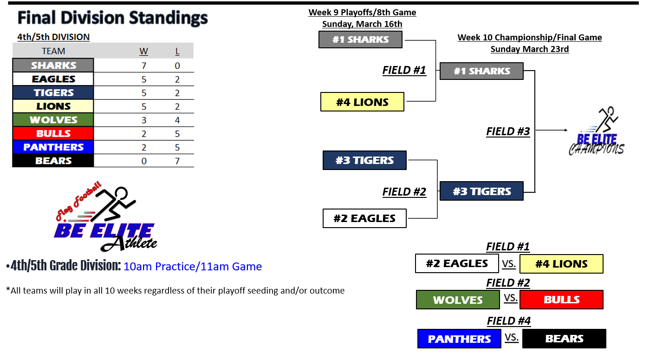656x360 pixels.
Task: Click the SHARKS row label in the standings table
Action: (x=53, y=65)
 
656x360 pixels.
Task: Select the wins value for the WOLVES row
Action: (x=144, y=120)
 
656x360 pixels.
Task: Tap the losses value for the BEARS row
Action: (x=177, y=161)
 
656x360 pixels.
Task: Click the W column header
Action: (x=143, y=51)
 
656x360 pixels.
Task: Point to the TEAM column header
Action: (x=53, y=51)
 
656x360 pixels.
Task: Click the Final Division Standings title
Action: (x=112, y=18)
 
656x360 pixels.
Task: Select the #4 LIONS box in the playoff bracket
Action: (x=362, y=102)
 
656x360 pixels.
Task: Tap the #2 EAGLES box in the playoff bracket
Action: (x=364, y=218)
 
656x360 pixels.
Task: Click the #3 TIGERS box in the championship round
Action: (x=482, y=191)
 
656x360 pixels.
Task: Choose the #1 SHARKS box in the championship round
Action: (x=482, y=71)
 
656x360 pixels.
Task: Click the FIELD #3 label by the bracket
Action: (x=508, y=131)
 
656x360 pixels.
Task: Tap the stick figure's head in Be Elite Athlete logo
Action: (x=121, y=194)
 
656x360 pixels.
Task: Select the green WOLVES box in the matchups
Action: (x=458, y=300)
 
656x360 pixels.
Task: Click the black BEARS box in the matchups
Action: (x=565, y=339)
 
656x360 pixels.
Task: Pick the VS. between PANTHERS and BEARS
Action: (x=512, y=337)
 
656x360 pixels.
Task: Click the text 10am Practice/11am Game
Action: (x=193, y=267)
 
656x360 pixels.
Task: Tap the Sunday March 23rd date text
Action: (x=530, y=49)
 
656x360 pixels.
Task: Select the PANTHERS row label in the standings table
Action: (x=53, y=147)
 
